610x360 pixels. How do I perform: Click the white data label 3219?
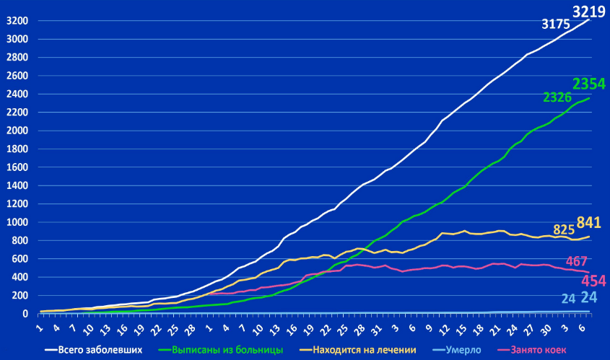click(589, 12)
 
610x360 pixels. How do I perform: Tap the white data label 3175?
click(557, 25)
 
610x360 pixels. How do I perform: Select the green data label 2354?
click(589, 84)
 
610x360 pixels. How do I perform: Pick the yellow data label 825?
click(563, 230)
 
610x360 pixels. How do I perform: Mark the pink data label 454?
click(593, 281)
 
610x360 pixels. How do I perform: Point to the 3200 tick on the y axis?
click(17, 21)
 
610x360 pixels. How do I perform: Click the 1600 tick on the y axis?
click(17, 167)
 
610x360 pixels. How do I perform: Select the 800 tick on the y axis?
click(19, 240)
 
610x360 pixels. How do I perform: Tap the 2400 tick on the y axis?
click(17, 94)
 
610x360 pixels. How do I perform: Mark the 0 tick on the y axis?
click(25, 314)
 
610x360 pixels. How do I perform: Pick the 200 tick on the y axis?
click(19, 295)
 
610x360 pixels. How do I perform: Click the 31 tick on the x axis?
click(373, 326)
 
